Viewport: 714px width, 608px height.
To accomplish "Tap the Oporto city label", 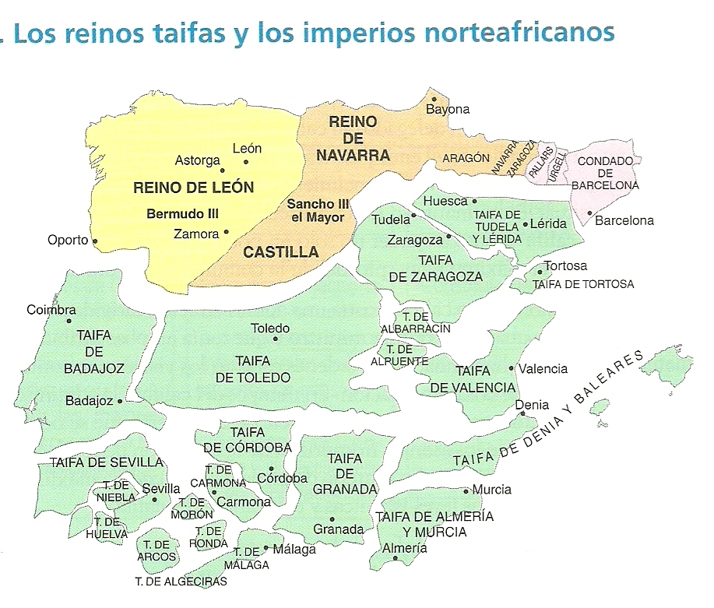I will pos(68,240).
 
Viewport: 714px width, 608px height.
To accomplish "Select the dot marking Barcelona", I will pos(590,213).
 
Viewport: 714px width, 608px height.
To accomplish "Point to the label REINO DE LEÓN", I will pos(194,187).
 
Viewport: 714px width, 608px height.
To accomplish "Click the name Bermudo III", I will pos(182,213).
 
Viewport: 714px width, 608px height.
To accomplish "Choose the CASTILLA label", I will pos(281,251).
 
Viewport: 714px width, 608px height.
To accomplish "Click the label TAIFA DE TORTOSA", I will pos(583,284).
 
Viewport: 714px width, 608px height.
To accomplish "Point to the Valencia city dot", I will pos(512,368).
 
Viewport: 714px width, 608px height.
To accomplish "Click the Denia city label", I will pos(532,405).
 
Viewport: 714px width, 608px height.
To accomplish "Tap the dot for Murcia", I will pos(466,490).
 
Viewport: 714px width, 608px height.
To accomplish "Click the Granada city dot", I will pos(332,518).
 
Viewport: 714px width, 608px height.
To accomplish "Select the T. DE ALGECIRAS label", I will pos(181,582).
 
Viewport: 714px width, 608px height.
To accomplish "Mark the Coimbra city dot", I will pos(69,321).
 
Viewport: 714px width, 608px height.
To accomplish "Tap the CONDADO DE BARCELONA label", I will pos(604,173).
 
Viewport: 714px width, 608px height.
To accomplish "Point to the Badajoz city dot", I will pos(120,402).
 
